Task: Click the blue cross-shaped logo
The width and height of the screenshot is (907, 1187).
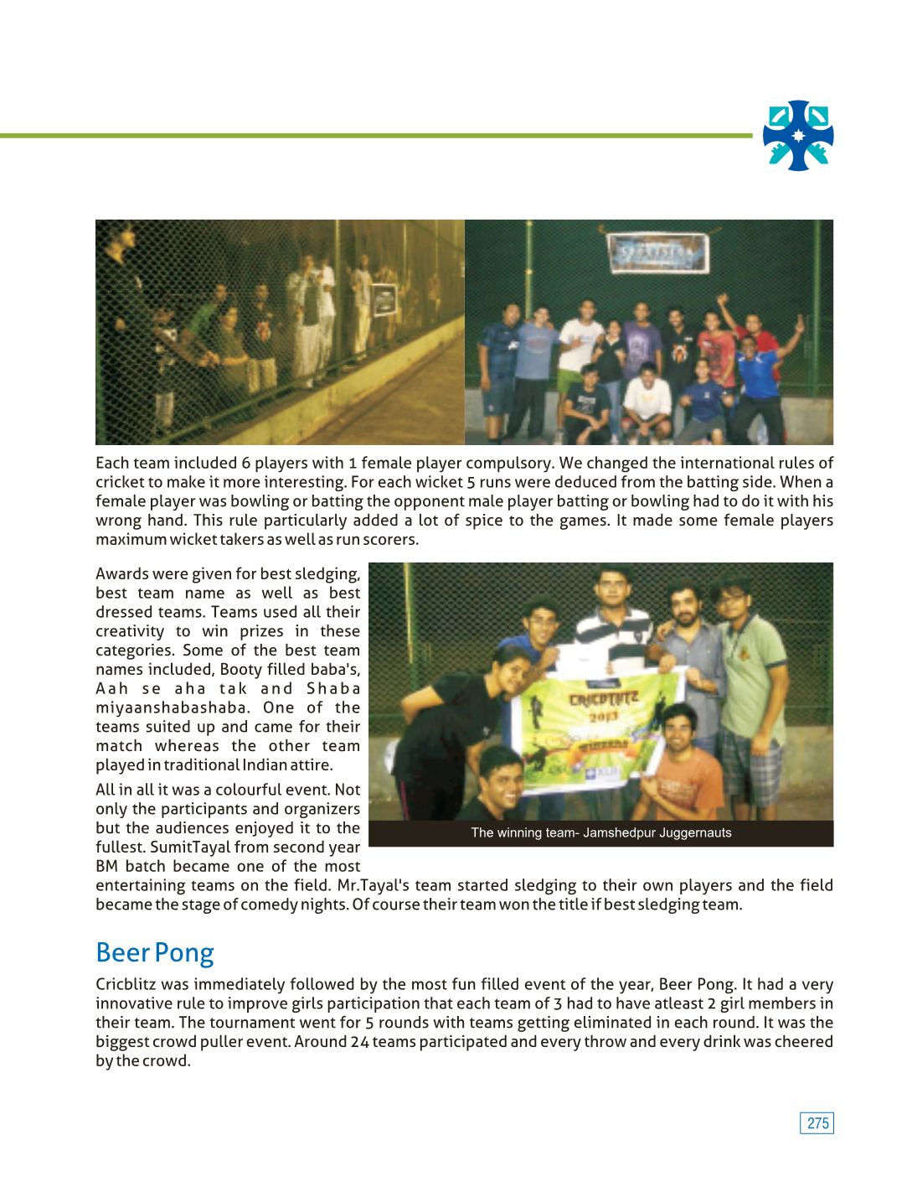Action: (798, 136)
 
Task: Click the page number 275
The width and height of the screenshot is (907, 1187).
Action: (817, 1123)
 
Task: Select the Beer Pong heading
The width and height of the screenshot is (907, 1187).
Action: (155, 953)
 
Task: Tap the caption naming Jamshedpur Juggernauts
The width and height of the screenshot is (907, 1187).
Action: (600, 833)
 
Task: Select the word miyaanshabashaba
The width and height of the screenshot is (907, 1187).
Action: (172, 708)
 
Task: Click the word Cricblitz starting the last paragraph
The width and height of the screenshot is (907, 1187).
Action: (126, 985)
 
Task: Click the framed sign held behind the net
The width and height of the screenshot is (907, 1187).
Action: (383, 298)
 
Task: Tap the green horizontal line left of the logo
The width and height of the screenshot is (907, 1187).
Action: (377, 135)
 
